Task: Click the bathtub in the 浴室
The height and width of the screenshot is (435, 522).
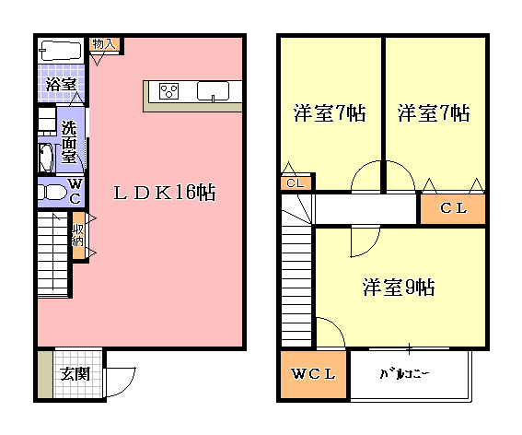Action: tap(60, 51)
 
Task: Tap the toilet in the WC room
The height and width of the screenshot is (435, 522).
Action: tap(52, 193)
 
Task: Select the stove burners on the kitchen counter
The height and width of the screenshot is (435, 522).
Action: tap(168, 91)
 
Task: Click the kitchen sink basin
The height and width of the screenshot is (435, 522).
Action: tap(213, 91)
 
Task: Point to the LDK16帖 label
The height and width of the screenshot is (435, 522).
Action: tap(165, 193)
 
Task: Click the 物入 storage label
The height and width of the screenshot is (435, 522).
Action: tap(104, 43)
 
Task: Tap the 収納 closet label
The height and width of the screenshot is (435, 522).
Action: tap(78, 235)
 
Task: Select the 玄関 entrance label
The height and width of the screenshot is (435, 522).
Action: tap(75, 373)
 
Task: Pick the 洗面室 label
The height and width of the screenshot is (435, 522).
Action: tap(69, 142)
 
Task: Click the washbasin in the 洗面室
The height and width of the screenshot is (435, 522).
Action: tap(46, 158)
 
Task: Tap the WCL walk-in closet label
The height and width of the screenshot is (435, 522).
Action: tap(313, 373)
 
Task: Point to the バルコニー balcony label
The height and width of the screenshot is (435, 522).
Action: tap(404, 373)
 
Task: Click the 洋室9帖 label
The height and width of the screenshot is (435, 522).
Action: tap(399, 287)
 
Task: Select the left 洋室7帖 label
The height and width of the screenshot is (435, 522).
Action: tap(330, 113)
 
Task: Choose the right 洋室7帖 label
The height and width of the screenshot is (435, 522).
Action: tap(434, 113)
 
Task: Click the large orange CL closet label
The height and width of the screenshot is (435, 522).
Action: tap(454, 208)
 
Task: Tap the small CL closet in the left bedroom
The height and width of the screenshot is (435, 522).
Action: tap(296, 183)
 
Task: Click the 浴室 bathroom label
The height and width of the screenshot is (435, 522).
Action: tap(61, 84)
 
